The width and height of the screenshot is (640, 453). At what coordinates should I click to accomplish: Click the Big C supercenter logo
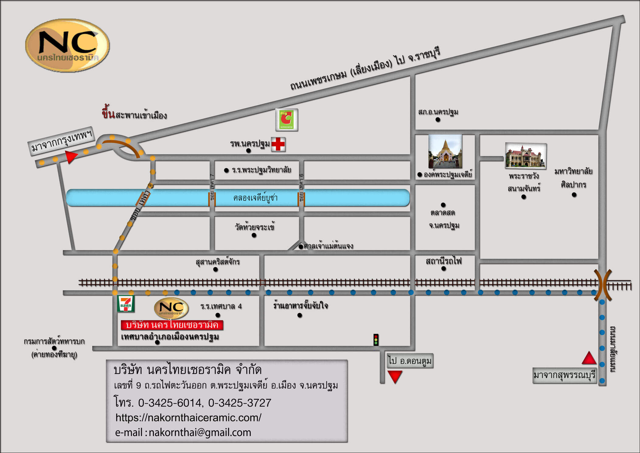tap(287, 120)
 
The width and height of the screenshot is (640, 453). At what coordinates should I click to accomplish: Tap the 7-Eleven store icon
tap(126, 304)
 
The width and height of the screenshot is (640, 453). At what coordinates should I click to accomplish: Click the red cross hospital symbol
tap(278, 144)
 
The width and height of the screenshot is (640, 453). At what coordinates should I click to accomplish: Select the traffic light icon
tap(376, 339)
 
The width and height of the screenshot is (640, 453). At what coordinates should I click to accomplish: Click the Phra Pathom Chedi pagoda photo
tap(445, 151)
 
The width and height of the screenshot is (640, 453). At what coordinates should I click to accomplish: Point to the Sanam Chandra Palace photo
tap(526, 156)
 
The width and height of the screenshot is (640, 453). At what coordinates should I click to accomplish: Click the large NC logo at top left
tap(68, 45)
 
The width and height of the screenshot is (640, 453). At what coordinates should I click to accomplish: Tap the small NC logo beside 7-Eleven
tap(171, 308)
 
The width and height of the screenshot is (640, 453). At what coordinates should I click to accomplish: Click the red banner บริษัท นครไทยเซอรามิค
tap(172, 325)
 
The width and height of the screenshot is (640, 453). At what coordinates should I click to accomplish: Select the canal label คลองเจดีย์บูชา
tap(255, 198)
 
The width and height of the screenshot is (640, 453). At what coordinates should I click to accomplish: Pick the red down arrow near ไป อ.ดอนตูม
tap(395, 377)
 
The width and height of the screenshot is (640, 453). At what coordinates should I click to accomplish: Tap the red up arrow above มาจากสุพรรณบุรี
tap(589, 358)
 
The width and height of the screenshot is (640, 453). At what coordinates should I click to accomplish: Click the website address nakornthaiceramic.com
tap(188, 417)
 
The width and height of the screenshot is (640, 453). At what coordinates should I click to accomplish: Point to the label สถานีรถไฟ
tap(443, 261)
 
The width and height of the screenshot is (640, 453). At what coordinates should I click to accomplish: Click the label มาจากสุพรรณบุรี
tap(564, 375)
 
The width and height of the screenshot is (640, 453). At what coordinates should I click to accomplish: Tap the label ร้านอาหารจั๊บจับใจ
tap(300, 305)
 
